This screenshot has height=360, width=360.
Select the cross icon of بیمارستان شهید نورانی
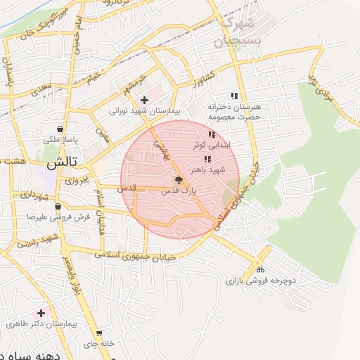[x=145, y=100]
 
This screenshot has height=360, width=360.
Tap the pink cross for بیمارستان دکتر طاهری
[x=41, y=313]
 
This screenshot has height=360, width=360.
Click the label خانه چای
[x=98, y=344]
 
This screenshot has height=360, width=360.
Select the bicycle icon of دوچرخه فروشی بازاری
[x=259, y=269]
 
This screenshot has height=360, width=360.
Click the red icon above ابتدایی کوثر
[x=211, y=134]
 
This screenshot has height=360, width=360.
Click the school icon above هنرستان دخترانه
[x=234, y=96]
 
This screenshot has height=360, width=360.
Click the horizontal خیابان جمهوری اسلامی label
[x=144, y=257]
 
